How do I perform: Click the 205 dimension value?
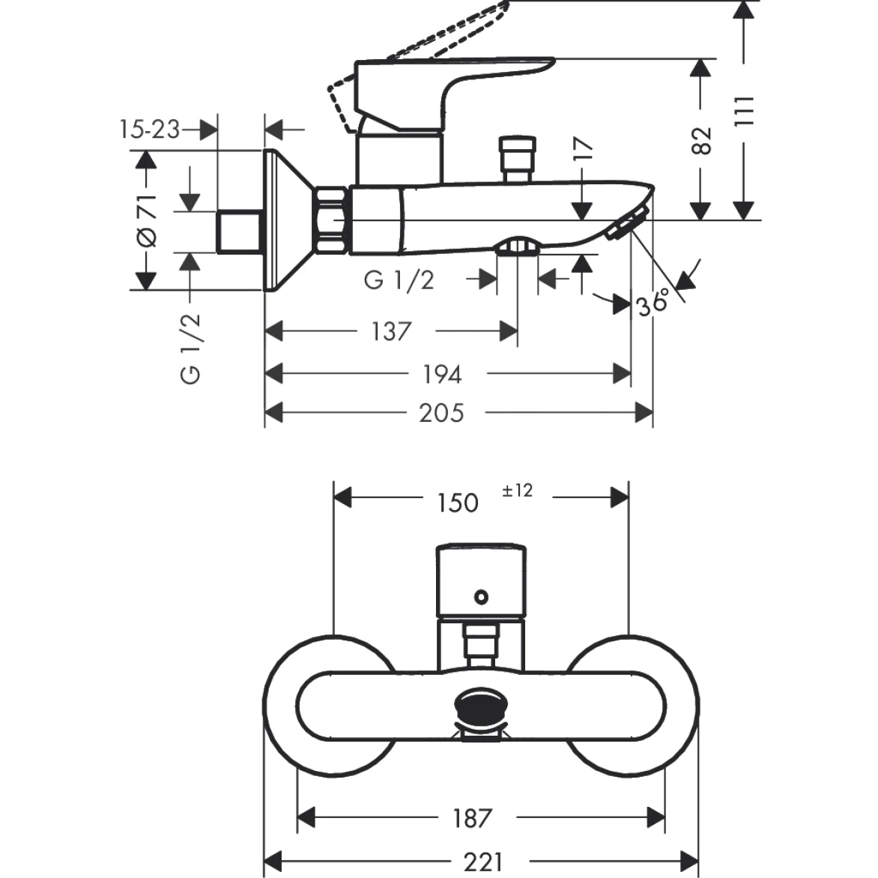[441, 413]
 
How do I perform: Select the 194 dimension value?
[441, 374]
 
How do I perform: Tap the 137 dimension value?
[391, 331]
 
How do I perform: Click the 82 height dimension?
[700, 141]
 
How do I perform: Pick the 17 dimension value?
[584, 149]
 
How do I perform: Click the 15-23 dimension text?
[149, 130]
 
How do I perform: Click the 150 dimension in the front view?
[457, 502]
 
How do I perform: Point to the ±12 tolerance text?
[517, 491]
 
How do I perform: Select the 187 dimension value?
[472, 818]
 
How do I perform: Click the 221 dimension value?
[483, 862]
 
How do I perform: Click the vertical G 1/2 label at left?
[192, 349]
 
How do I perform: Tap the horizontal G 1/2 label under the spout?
[399, 280]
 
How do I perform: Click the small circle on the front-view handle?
[480, 597]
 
